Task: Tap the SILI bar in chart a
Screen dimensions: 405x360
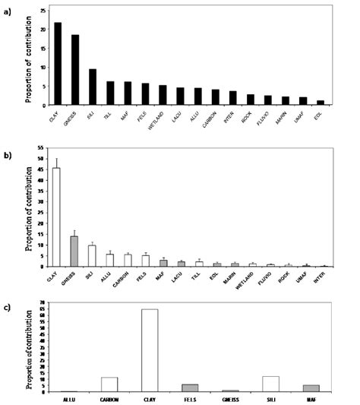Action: tap(93, 87)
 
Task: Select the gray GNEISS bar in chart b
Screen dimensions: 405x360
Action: tap(74, 252)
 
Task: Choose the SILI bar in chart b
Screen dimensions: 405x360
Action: tap(92, 256)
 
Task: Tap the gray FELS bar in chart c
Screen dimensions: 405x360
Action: tap(190, 388)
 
